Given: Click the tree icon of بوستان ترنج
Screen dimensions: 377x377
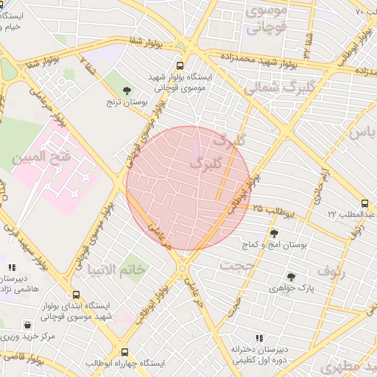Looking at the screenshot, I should (x=129, y=91).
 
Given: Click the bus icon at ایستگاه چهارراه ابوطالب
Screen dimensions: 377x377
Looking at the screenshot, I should (x=124, y=353).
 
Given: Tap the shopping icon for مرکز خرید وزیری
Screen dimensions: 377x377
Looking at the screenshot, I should (x=27, y=324).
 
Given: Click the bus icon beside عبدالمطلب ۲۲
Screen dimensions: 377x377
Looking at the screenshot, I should (x=364, y=203).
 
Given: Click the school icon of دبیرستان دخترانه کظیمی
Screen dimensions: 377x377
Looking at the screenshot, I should (x=258, y=337).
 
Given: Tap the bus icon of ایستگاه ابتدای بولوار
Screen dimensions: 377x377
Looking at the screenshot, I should (x=77, y=294).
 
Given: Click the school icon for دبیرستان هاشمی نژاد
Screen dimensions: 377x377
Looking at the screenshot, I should (x=10, y=268).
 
